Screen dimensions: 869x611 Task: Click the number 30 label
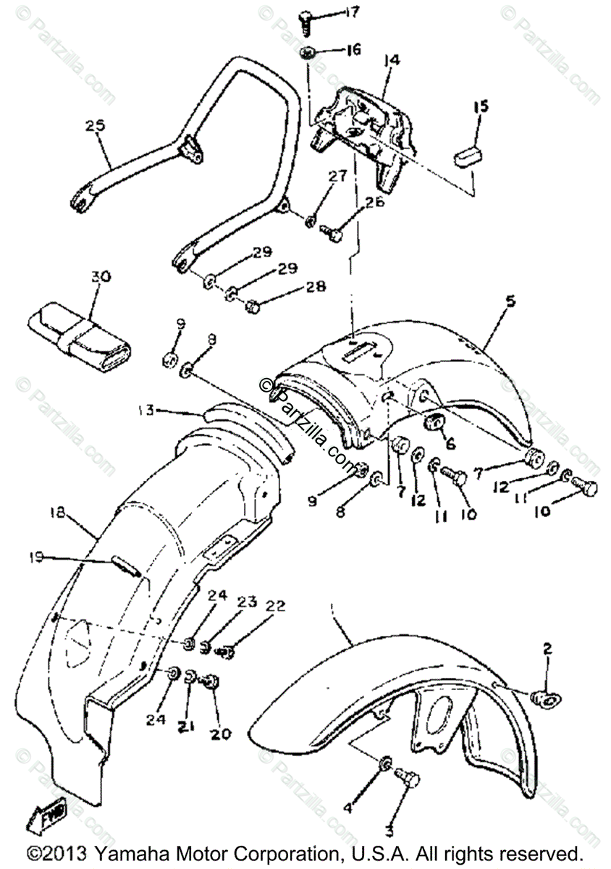click(102, 277)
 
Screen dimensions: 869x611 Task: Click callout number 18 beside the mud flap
click(58, 513)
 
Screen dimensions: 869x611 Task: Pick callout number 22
click(275, 606)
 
